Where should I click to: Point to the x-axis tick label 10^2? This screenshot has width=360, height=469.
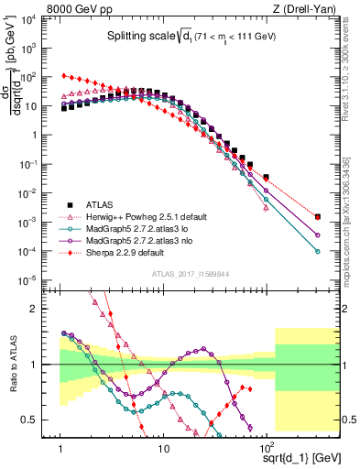click(x=266, y=449)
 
